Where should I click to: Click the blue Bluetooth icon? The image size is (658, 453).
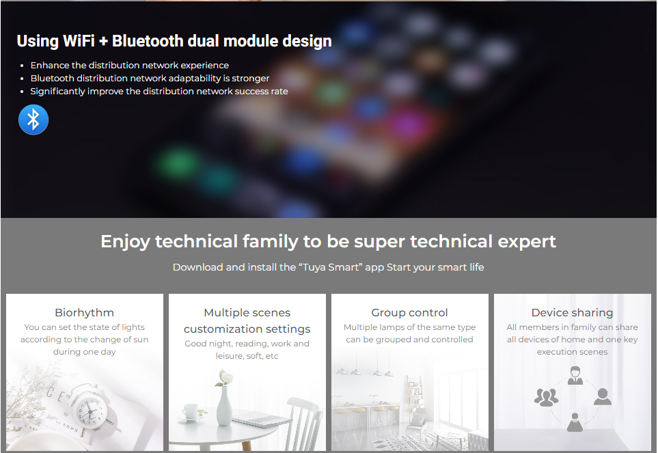pos(33,120)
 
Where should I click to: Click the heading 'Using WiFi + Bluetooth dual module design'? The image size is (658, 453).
pos(174,41)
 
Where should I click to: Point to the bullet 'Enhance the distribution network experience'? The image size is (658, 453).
pos(130,66)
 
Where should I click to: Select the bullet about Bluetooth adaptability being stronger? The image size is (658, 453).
pos(150,79)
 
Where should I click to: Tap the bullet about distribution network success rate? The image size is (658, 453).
pos(159,92)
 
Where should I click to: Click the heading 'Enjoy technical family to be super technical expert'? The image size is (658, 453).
pos(329,242)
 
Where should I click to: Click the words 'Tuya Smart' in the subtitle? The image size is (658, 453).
pos(331,267)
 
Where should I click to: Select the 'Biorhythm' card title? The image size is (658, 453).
pos(84,313)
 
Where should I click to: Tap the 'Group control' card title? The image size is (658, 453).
pos(409,313)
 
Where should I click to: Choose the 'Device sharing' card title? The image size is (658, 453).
pos(573,313)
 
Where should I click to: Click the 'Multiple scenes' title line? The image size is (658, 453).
pos(247,313)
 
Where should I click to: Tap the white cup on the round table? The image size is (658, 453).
pos(191,411)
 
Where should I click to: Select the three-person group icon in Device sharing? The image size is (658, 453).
pos(546,397)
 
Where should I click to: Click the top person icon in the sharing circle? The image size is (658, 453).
pos(575,375)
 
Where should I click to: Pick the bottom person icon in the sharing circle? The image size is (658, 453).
pos(575,422)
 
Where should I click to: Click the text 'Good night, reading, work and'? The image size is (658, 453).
pos(247,344)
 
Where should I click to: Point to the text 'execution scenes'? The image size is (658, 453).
pos(573,352)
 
